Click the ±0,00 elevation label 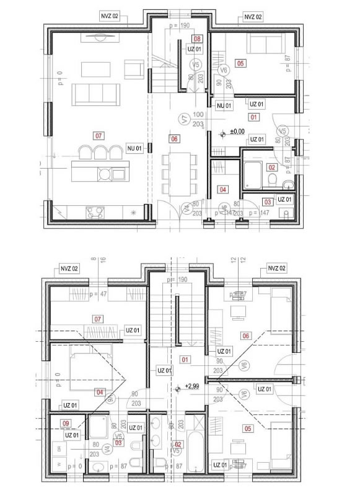(x=237, y=131)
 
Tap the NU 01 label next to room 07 (x=134, y=148)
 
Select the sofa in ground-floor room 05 (x=265, y=45)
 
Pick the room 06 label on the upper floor (x=246, y=336)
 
